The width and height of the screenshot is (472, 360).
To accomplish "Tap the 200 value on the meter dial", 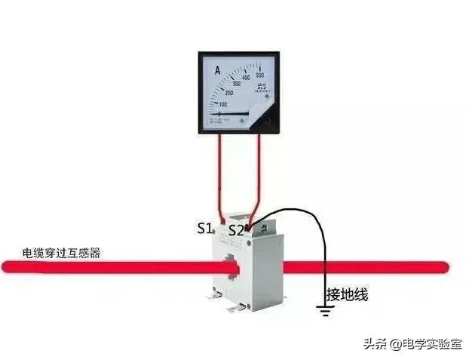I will (x=229, y=93).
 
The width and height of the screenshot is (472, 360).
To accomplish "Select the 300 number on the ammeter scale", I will (x=237, y=83).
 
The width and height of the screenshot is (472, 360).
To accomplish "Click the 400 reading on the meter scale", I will (x=247, y=78).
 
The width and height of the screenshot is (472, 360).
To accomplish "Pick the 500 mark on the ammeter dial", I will (x=259, y=75).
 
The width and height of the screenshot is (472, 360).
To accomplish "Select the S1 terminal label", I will (x=205, y=228).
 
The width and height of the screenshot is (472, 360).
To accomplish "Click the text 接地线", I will (x=347, y=294).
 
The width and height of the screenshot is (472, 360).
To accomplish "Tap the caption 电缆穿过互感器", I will (x=61, y=253).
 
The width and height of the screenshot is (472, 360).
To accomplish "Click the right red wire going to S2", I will (x=259, y=174).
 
